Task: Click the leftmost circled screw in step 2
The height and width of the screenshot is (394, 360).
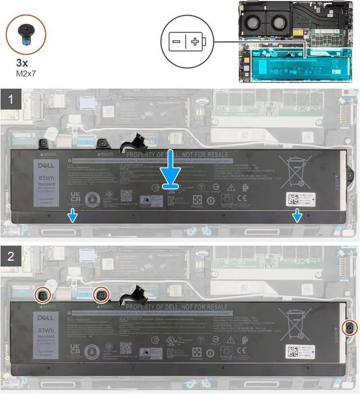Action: pos(43,294)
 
